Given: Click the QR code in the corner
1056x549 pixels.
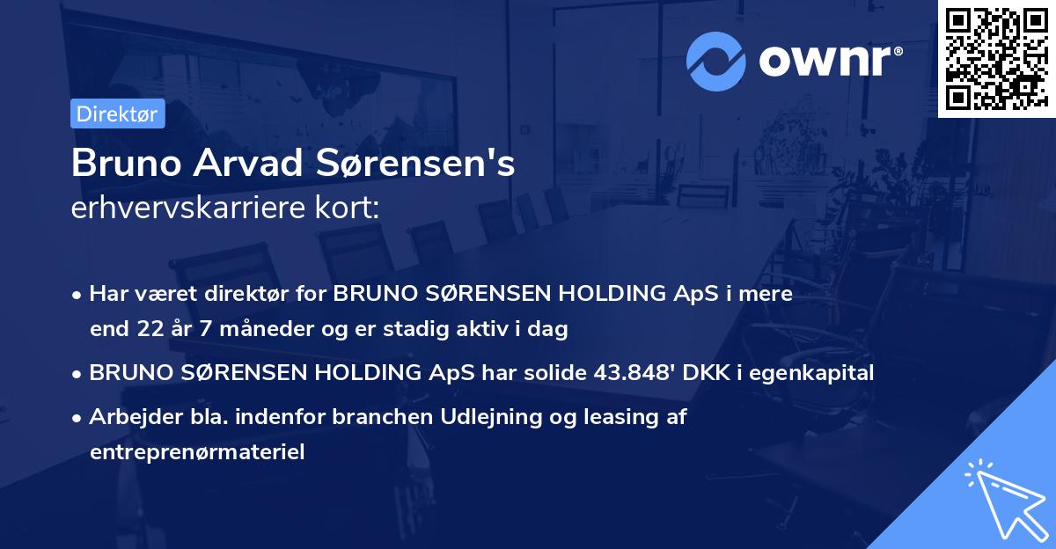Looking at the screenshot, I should coord(996,58).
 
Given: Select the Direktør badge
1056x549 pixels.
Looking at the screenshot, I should coord(117,113).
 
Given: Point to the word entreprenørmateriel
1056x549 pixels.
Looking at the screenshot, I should coord(197,452).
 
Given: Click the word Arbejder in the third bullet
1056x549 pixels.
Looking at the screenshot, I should coord(128,417).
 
